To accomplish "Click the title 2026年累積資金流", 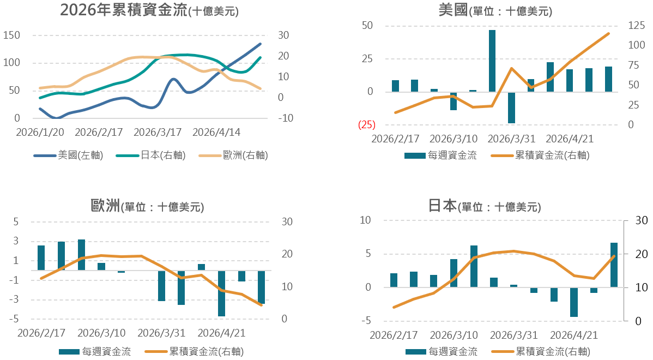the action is click(124, 10).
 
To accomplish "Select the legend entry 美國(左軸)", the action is click(68, 155).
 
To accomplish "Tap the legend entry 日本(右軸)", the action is click(151, 155).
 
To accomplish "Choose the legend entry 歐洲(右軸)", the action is click(233, 155).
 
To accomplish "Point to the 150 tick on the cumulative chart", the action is click(11, 35).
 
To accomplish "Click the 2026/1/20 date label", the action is click(40, 133).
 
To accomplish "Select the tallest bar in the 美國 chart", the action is click(492, 61).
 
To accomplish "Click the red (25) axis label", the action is click(366, 124).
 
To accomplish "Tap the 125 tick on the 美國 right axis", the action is click(636, 26).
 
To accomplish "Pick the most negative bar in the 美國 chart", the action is click(511, 107).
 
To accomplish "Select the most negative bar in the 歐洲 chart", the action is click(221, 293).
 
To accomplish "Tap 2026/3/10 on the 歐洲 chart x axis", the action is click(101, 333).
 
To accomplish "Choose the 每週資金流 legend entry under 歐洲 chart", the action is click(95, 352).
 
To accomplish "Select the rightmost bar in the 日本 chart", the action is click(614, 265).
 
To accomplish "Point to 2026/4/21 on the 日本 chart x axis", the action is click(573, 335).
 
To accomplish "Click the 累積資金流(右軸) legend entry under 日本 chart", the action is click(541, 352).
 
